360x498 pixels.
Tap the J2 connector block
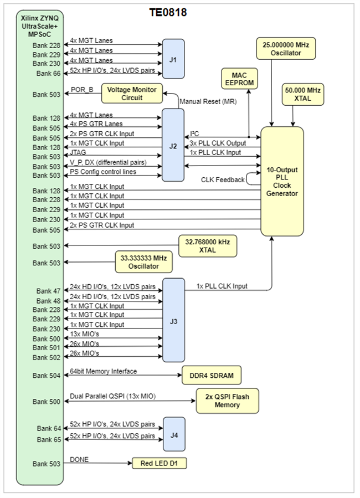pos(173,145)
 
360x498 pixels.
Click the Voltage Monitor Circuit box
pos(132,94)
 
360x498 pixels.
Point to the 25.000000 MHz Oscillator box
pos(286,49)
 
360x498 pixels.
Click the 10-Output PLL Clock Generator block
pos(282,181)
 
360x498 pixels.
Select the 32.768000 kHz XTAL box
pos(208,245)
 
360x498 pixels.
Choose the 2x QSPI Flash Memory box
pos(227,401)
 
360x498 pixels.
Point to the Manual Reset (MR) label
pos(208,102)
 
